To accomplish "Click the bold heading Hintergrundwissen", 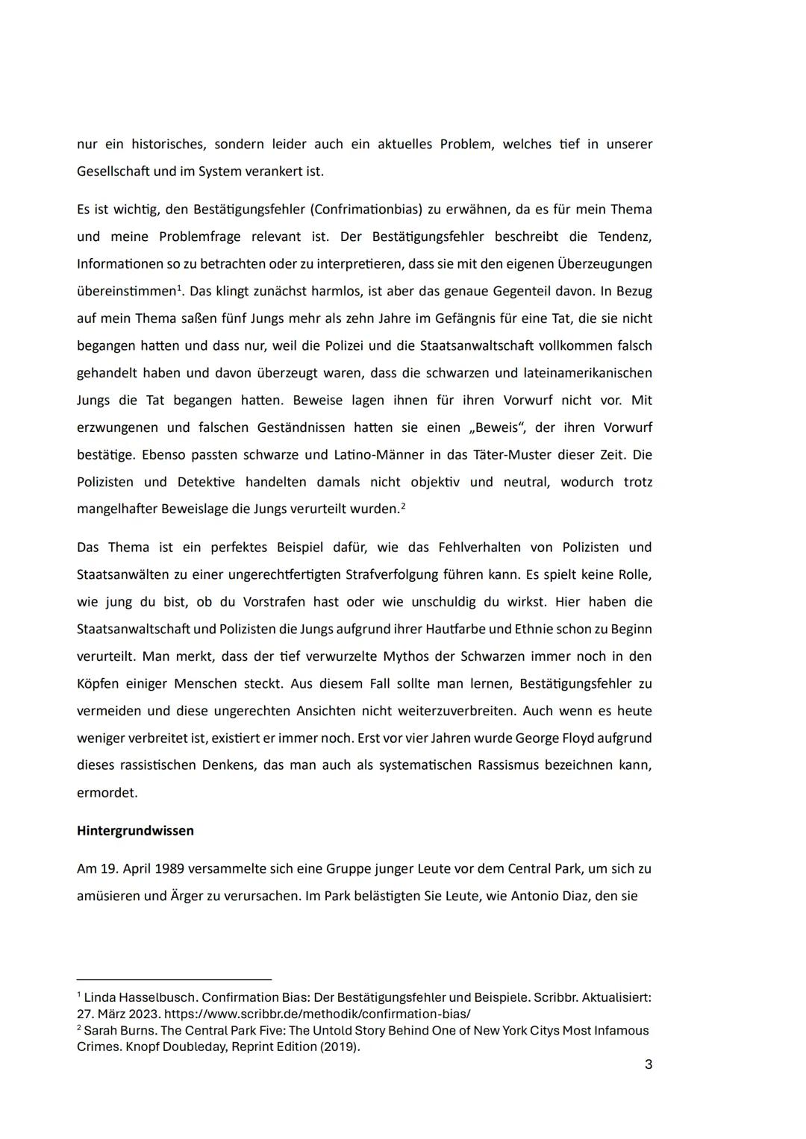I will tap(135, 830).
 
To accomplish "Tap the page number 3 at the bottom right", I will tap(648, 1064).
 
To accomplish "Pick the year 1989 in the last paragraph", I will tap(169, 869).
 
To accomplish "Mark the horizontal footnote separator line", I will tap(174, 979).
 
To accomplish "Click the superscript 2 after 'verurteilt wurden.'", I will tap(403, 506).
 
